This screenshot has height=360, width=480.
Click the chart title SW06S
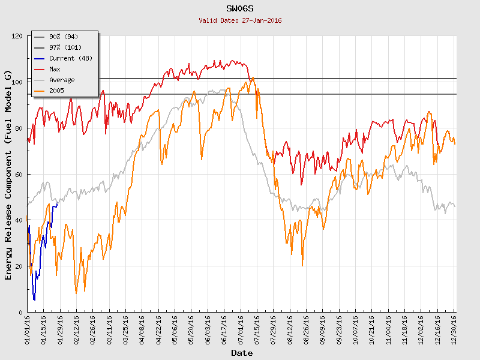coord(240,9)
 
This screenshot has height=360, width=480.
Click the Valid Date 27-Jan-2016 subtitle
coord(240,20)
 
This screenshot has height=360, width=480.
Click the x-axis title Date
coord(242,353)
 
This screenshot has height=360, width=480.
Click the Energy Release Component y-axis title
coord(8,174)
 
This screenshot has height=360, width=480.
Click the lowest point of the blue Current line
coord(34,299)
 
